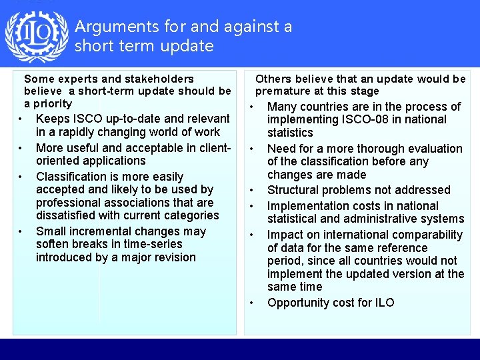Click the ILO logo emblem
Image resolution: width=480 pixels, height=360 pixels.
tap(37, 36)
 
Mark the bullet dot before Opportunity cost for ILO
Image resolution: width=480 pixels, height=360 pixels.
tap(253, 303)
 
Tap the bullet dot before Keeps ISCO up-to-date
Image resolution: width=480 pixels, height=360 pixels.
tap(21, 119)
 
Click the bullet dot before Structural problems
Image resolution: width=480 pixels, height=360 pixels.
tap(253, 191)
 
